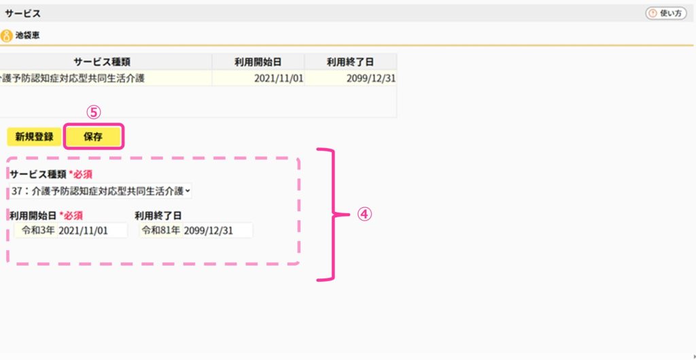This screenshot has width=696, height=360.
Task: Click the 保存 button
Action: coord(93,137)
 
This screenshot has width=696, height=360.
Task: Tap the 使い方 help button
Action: coord(666,14)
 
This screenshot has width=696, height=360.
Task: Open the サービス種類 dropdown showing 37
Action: coord(101,191)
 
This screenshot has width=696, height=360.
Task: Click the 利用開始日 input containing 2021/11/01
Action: coord(92,230)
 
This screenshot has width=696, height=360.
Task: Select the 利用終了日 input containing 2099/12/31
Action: coord(217,230)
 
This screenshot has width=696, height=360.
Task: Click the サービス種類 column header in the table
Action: coord(102,62)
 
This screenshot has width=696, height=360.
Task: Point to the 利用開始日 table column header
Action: coord(258,62)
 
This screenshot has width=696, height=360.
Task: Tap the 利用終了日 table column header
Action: coord(351,62)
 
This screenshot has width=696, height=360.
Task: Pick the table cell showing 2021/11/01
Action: coord(258,79)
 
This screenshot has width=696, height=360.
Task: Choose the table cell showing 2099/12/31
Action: coord(351,79)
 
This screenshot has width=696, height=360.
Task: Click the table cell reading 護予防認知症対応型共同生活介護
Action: coord(105,79)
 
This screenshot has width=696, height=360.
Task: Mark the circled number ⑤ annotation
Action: coord(94,113)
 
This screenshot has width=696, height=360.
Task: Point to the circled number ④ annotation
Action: coord(364,215)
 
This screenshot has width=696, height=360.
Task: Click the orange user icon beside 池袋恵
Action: coord(6,35)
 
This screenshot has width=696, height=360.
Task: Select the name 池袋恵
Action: coord(27,35)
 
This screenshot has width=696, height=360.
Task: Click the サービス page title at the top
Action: coord(23,14)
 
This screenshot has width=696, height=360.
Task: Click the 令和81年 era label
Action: coord(160,230)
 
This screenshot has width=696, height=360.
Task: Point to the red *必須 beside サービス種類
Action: coord(80,174)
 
